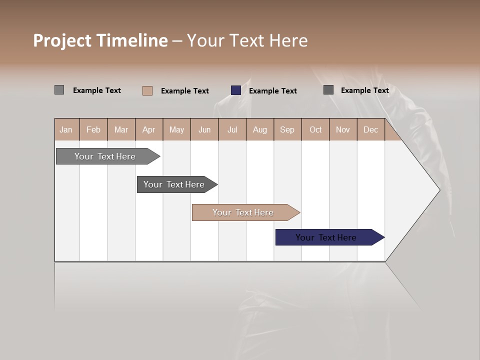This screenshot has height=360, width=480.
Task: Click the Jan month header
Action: coord(66,129)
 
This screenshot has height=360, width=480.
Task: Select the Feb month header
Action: coord(93,129)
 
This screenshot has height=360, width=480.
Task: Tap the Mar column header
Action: coord(121,129)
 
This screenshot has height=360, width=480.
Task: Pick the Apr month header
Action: coord(149,129)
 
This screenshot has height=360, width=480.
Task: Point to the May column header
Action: coord(176,129)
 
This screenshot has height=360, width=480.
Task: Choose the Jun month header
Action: coord(204,129)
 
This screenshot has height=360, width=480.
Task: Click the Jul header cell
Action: coord(232,129)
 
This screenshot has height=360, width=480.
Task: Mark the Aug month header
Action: coord(260,129)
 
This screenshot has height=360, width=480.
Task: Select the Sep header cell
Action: coord(287,129)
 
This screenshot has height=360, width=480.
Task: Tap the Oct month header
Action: coord(315,129)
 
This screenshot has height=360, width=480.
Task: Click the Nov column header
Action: coord(343,129)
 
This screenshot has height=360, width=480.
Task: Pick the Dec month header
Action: coord(371,129)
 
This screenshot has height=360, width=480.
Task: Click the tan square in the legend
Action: coord(147,90)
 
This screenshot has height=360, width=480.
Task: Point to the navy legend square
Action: coord(236,90)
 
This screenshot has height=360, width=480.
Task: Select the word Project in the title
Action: coord(62,40)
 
